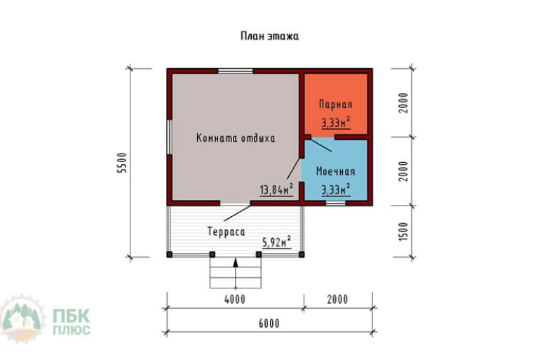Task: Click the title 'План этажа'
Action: coord(269,36)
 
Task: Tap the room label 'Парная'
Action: coord(335,105)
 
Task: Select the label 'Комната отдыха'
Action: coord(236,138)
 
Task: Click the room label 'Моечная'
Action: coord(335,171)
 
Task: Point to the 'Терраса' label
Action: coord(227,232)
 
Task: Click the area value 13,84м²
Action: coord(276,189)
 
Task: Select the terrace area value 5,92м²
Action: coord(276,242)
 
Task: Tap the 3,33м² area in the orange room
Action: coord(336,122)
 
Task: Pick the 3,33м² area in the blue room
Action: coord(336,189)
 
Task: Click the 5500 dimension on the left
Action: coord(122,163)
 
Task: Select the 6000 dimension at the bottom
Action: coord(269,324)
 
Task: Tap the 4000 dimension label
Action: coord(235,300)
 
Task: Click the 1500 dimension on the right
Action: coord(403,232)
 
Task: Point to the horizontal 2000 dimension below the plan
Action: coord(337,300)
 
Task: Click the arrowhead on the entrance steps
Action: coord(236,262)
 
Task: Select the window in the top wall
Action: coord(236,71)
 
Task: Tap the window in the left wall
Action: coord(169,137)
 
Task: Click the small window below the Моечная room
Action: coord(336,204)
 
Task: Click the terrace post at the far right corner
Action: coord(302,255)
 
